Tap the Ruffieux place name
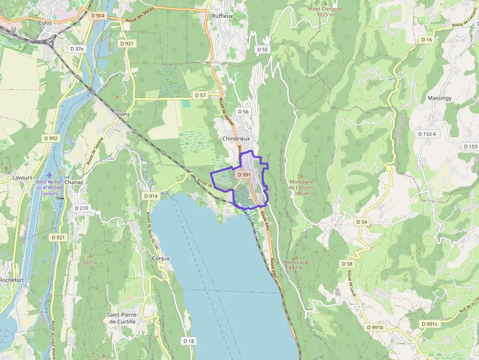(x=222, y=16)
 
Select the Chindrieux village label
(x=236, y=139)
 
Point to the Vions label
(x=123, y=114)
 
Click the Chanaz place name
(x=74, y=182)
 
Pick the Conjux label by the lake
(x=161, y=258)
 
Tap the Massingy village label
(x=439, y=98)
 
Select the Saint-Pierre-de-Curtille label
(x=122, y=318)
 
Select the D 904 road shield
(x=98, y=16)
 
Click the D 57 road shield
(x=200, y=95)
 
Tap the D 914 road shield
(x=152, y=196)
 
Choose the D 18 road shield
(x=189, y=340)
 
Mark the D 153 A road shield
(x=427, y=134)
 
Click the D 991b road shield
(x=375, y=327)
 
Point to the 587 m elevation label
(x=90, y=263)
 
